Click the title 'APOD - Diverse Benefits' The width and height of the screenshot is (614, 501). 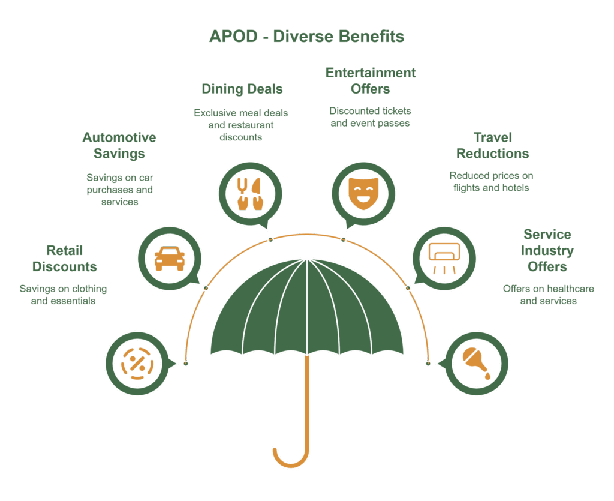coord(306,37)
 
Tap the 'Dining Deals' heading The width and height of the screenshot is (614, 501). coord(242,89)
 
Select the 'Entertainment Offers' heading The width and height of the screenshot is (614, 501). coord(370,81)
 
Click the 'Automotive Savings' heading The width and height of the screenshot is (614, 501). coord(119,146)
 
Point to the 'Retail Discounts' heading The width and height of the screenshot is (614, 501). coord(64,259)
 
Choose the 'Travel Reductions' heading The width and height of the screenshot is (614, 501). coord(492,146)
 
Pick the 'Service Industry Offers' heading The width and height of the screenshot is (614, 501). coord(547,250)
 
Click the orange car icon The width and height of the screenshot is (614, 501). coord(169,259)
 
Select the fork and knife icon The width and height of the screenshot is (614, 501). coord(249,192)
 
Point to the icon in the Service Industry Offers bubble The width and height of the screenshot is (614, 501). coord(477,363)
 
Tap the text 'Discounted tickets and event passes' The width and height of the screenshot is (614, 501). coord(370,117)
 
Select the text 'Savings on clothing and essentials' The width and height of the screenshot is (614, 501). coord(63,295)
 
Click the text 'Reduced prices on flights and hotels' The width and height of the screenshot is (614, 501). coord(491,182)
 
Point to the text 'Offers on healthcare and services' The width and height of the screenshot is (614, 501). coord(548,295)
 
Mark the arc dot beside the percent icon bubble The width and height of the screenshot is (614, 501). coord(186,364)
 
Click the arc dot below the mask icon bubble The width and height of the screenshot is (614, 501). coord(343,240)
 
